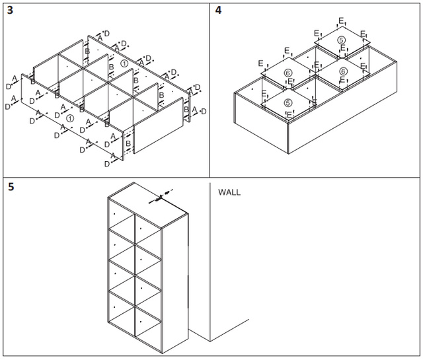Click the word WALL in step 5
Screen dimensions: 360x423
click(x=229, y=193)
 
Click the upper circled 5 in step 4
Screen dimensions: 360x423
click(x=341, y=40)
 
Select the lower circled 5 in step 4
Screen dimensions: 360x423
click(x=288, y=103)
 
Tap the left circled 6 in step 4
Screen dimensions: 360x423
click(x=288, y=73)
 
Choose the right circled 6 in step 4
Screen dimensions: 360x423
click(x=343, y=71)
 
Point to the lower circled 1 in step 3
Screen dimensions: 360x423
click(x=70, y=118)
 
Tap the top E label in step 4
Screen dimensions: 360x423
click(x=341, y=21)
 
